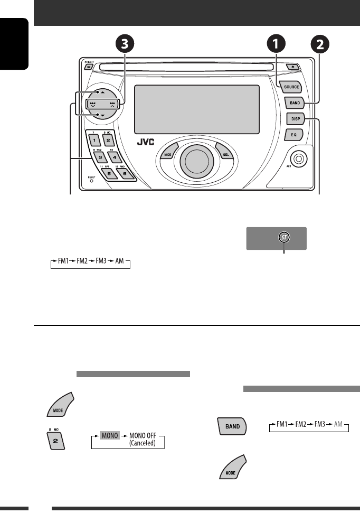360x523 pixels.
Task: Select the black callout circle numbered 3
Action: click(124, 45)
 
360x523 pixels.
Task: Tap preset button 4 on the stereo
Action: click(115, 157)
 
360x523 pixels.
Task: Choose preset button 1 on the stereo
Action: click(93, 141)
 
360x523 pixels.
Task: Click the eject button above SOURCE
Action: click(293, 67)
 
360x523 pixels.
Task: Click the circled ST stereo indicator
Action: click(284, 238)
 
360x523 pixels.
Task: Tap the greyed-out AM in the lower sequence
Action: click(340, 425)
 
